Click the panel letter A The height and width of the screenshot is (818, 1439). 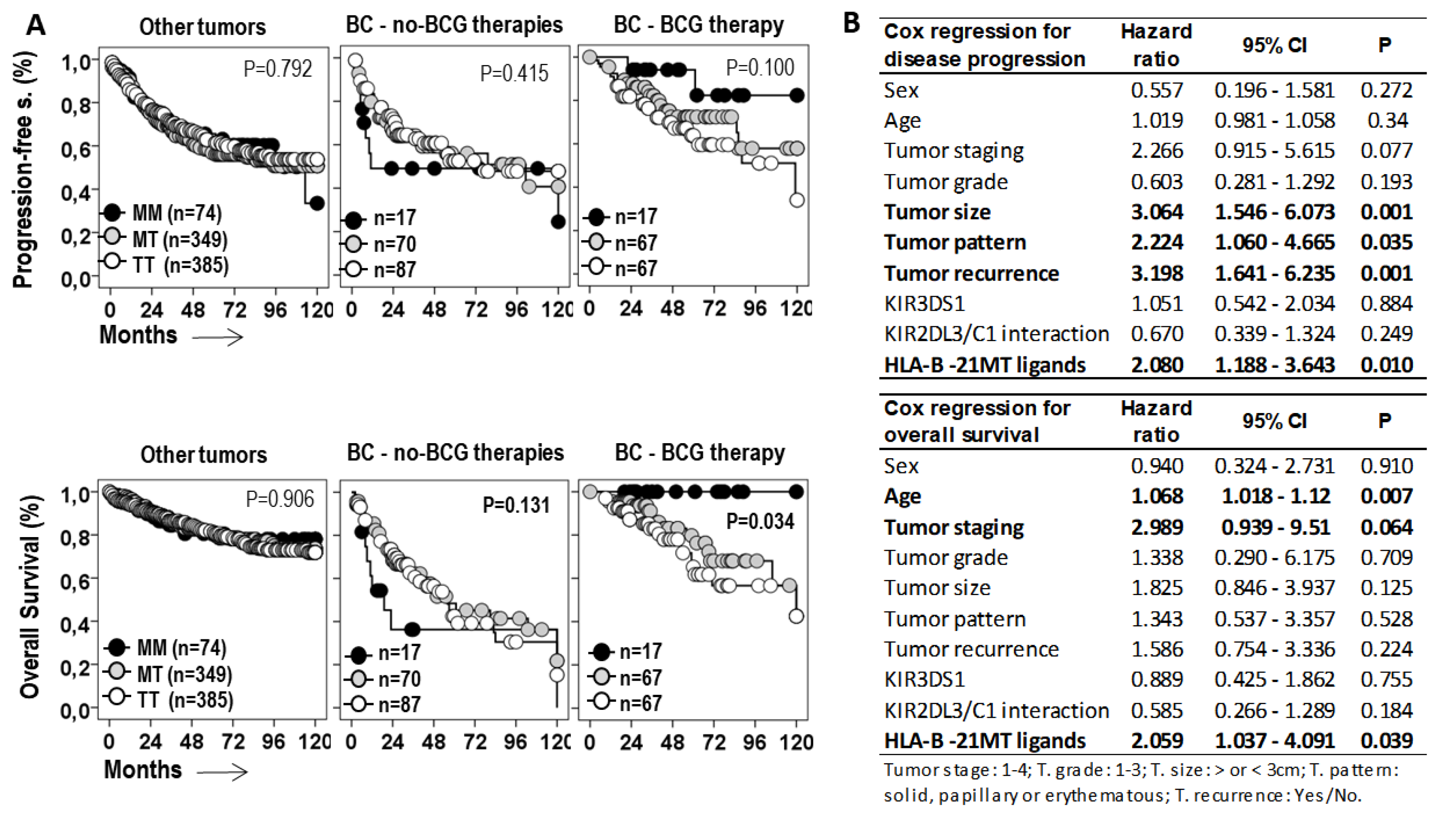click(x=36, y=25)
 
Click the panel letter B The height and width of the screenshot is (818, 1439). click(x=852, y=23)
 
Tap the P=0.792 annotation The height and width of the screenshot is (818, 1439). click(x=278, y=69)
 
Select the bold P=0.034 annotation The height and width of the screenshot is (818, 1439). click(x=760, y=522)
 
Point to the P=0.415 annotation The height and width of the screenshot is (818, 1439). click(x=513, y=74)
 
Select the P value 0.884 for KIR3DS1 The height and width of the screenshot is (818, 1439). click(x=1386, y=304)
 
